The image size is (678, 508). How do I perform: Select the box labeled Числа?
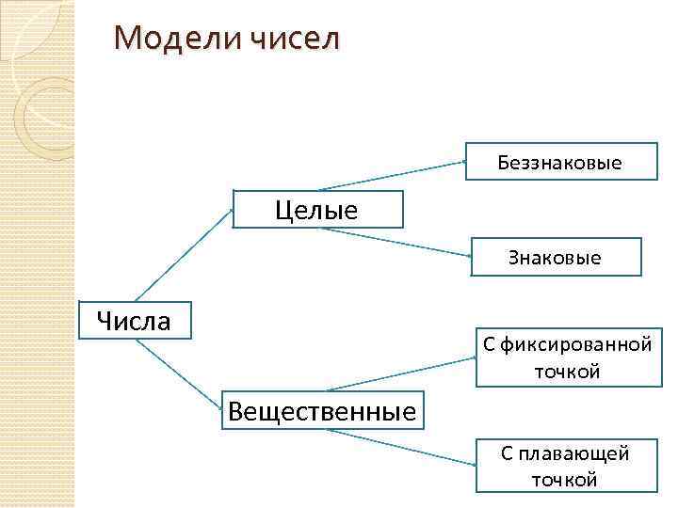136,322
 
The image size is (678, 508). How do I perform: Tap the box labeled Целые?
317,210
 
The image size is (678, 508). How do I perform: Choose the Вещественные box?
321,410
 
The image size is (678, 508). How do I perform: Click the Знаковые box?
555,257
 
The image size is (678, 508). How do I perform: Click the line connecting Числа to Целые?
184,255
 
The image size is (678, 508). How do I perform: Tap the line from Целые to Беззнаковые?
391,176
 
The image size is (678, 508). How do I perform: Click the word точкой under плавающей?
565,480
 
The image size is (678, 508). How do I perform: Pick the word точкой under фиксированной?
567,372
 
